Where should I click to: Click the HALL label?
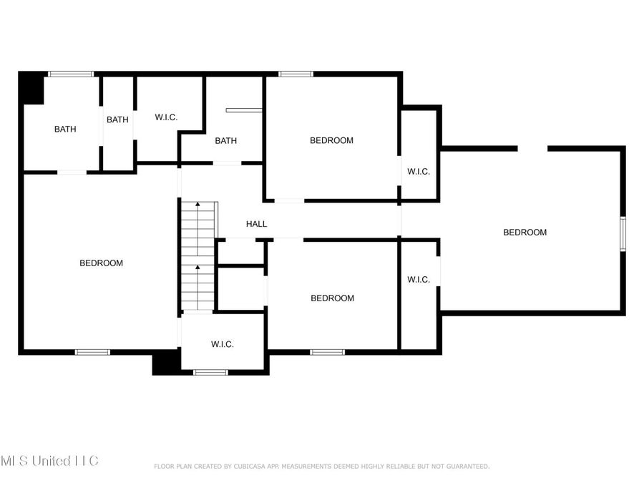(256, 224)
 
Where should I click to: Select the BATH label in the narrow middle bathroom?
(117, 119)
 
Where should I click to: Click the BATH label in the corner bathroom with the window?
(65, 130)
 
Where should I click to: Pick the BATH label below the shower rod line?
(225, 141)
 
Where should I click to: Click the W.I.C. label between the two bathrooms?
(166, 117)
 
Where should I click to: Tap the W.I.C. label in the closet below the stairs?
(222, 344)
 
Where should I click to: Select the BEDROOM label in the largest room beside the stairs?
(101, 263)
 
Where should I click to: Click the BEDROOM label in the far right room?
(525, 232)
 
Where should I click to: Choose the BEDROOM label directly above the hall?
(331, 140)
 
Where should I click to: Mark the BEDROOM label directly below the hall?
(332, 298)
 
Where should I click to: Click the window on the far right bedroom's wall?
(623, 234)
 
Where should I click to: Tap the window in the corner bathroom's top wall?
(70, 74)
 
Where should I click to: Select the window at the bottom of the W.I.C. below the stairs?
(210, 372)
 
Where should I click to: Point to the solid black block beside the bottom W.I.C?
(165, 363)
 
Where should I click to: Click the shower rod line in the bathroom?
(243, 110)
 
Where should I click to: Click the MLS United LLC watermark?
(49, 460)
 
